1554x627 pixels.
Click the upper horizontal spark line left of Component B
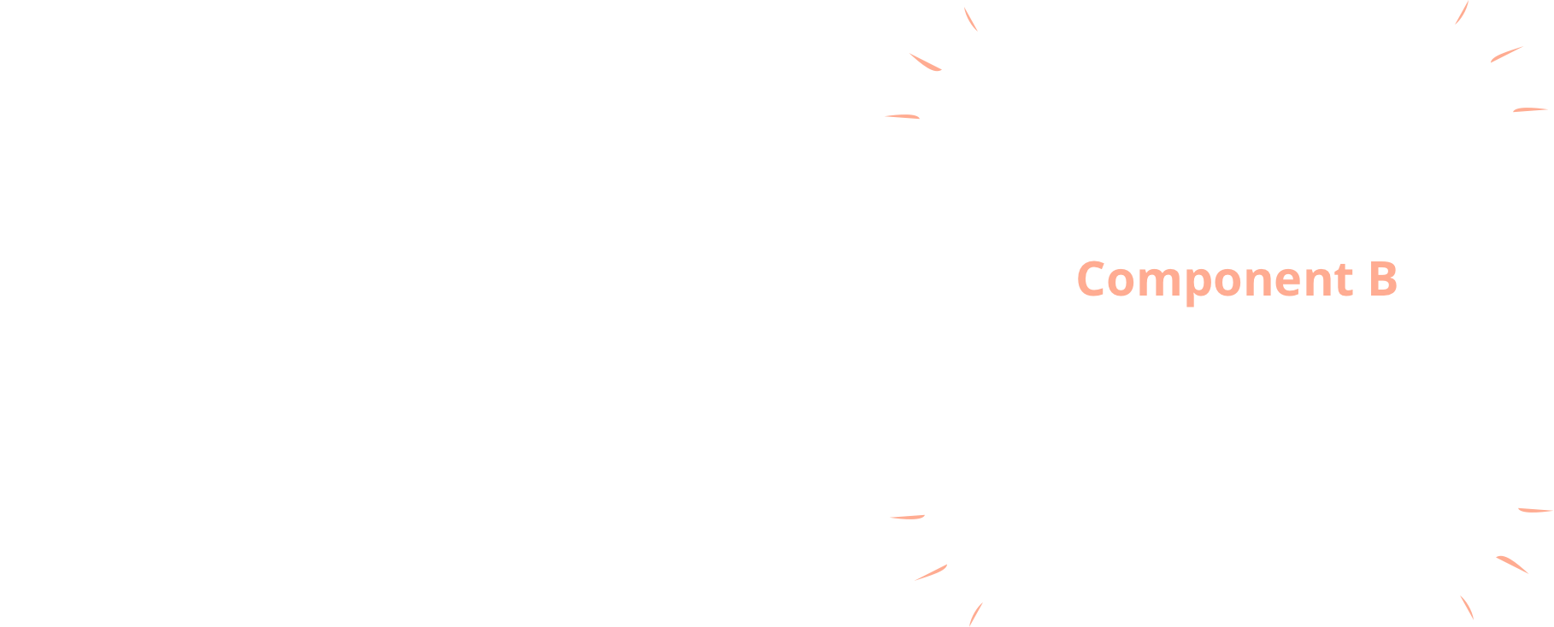click(x=901, y=116)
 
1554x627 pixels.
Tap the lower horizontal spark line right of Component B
click(x=1536, y=510)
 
